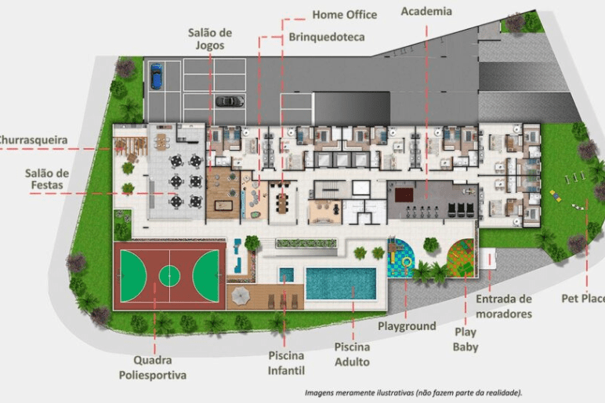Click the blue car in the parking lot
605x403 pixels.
[156, 76]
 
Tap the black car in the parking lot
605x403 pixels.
[230, 100]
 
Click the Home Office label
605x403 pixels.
[345, 15]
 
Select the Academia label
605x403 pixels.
[426, 11]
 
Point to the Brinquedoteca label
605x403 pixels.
[327, 37]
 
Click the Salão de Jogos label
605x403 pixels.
[210, 39]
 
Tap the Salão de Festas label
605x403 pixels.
[47, 179]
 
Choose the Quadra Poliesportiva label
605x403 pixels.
[152, 368]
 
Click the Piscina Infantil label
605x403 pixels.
[286, 363]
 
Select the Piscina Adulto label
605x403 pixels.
[352, 354]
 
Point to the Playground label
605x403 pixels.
[407, 326]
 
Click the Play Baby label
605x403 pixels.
[466, 339]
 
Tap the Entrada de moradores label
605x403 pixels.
[504, 306]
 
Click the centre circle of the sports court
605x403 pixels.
[169, 276]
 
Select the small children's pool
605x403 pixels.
[286, 275]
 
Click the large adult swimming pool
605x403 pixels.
[341, 284]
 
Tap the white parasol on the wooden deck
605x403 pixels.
[241, 296]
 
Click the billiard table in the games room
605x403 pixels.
[223, 205]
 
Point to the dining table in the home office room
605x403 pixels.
[283, 202]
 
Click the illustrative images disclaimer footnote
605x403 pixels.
[413, 393]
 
